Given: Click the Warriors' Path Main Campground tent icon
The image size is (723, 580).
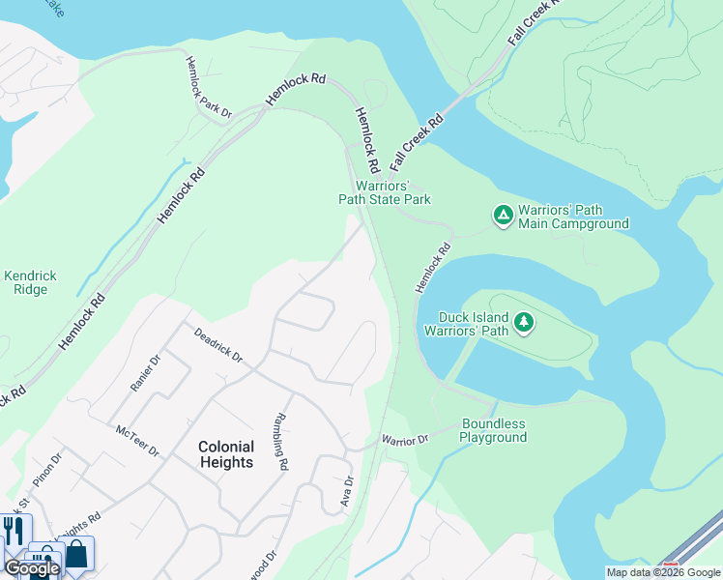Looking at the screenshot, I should [503, 215].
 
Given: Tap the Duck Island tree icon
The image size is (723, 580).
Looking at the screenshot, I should [524, 322].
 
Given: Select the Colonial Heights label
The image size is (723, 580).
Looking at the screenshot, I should [226, 454].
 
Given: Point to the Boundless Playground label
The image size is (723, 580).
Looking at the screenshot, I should [494, 430].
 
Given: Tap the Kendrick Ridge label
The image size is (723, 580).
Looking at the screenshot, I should [30, 282].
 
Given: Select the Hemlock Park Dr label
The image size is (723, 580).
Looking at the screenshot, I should [209, 87].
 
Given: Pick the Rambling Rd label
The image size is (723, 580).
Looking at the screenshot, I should [281, 442].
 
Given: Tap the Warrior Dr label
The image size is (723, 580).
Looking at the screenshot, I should [404, 441].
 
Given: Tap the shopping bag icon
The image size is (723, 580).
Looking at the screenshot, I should [75, 555].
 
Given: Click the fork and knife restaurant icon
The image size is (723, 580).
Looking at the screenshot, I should [14, 531].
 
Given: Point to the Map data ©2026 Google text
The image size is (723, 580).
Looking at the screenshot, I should [663, 572].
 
